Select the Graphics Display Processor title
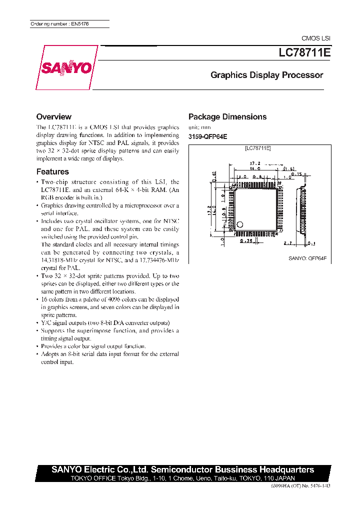(x=266, y=75)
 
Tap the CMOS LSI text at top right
(x=315, y=38)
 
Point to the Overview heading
(x=54, y=116)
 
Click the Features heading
(x=52, y=171)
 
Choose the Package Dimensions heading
(x=227, y=117)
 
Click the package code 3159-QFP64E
(x=207, y=137)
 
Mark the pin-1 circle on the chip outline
(x=240, y=224)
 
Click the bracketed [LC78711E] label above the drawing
(x=258, y=148)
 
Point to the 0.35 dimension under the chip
(x=244, y=240)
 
